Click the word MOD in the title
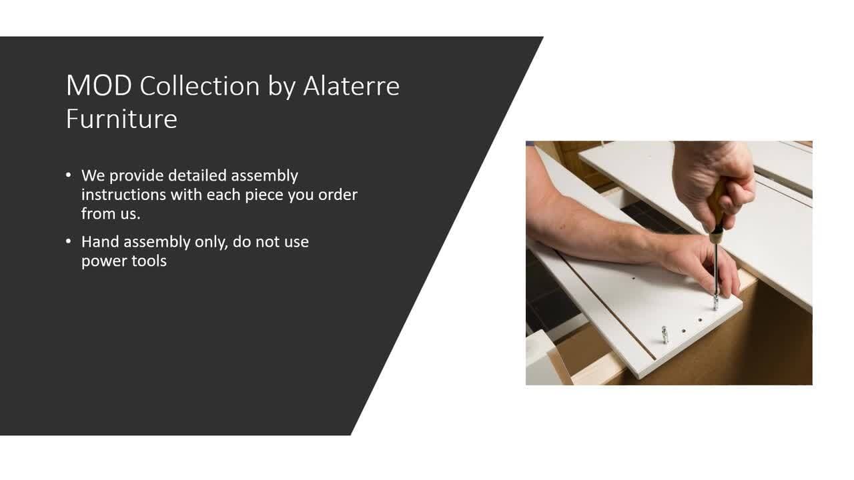coord(99,86)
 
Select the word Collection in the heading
coord(199,86)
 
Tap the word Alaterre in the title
coord(351,86)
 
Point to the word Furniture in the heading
coord(121,119)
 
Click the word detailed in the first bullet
coord(197,175)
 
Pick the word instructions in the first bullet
coord(123,195)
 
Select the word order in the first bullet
coord(338,195)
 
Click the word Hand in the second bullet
coord(100,242)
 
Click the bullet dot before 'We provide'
coord(68,175)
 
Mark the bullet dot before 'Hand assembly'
coord(68,241)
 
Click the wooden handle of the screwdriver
coord(717,209)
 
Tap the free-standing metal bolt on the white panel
coord(665,335)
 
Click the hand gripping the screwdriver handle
coord(713,183)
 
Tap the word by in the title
coord(282,87)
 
